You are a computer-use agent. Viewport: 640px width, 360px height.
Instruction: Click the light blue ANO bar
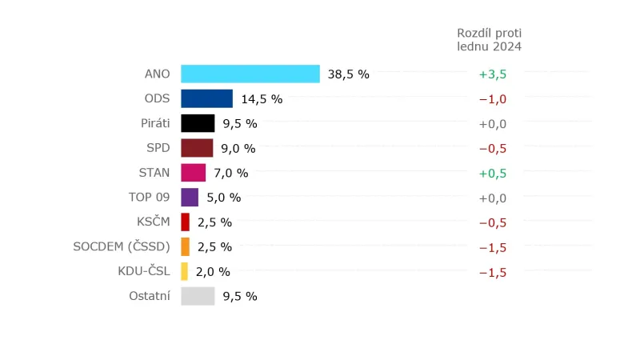(250, 74)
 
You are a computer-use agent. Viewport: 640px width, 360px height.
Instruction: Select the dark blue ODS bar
(206, 98)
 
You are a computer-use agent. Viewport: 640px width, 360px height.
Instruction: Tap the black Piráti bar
(198, 123)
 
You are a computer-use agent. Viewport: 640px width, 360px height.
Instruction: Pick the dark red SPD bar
(197, 148)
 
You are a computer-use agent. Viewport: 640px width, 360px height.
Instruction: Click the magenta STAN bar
(193, 173)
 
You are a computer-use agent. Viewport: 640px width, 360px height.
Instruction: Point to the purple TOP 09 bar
(190, 198)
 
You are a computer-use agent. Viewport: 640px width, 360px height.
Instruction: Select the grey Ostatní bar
(198, 296)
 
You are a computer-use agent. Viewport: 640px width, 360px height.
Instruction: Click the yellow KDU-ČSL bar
(185, 271)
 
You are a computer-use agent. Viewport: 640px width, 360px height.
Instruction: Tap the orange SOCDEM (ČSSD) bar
(186, 246)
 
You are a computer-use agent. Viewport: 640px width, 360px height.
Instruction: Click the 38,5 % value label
(348, 74)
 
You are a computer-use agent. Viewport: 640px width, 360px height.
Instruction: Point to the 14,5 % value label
(262, 99)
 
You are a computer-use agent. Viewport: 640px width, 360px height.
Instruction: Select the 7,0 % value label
(231, 173)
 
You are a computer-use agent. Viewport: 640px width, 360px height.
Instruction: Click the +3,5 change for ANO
(492, 74)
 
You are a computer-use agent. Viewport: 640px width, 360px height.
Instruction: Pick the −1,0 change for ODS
(492, 99)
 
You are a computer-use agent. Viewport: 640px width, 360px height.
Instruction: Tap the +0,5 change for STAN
(492, 173)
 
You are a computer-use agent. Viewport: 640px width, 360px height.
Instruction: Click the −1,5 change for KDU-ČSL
(492, 272)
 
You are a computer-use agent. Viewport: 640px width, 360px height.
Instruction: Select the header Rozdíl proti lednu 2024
(489, 40)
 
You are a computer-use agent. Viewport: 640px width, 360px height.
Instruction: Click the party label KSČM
(154, 222)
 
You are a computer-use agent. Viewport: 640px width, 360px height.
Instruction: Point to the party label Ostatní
(150, 296)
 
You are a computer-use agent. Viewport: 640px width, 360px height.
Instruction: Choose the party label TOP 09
(150, 198)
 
